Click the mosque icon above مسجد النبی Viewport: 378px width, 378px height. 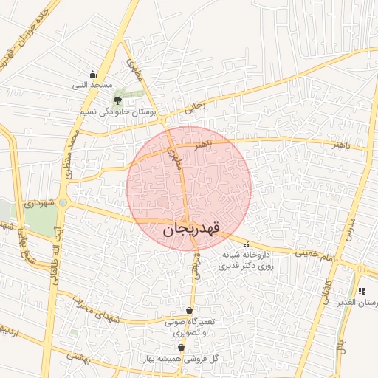click(92, 74)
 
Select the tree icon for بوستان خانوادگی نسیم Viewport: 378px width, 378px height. click(117, 100)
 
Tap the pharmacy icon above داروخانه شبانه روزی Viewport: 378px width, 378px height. click(246, 244)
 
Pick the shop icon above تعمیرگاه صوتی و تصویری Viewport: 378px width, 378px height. click(190, 310)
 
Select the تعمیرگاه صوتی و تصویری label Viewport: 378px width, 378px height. click(190, 326)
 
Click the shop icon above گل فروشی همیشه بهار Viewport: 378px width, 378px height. click(181, 347)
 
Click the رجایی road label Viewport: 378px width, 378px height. click(193, 108)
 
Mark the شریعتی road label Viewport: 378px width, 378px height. click(196, 262)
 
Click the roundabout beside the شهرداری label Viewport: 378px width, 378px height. click(63, 202)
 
